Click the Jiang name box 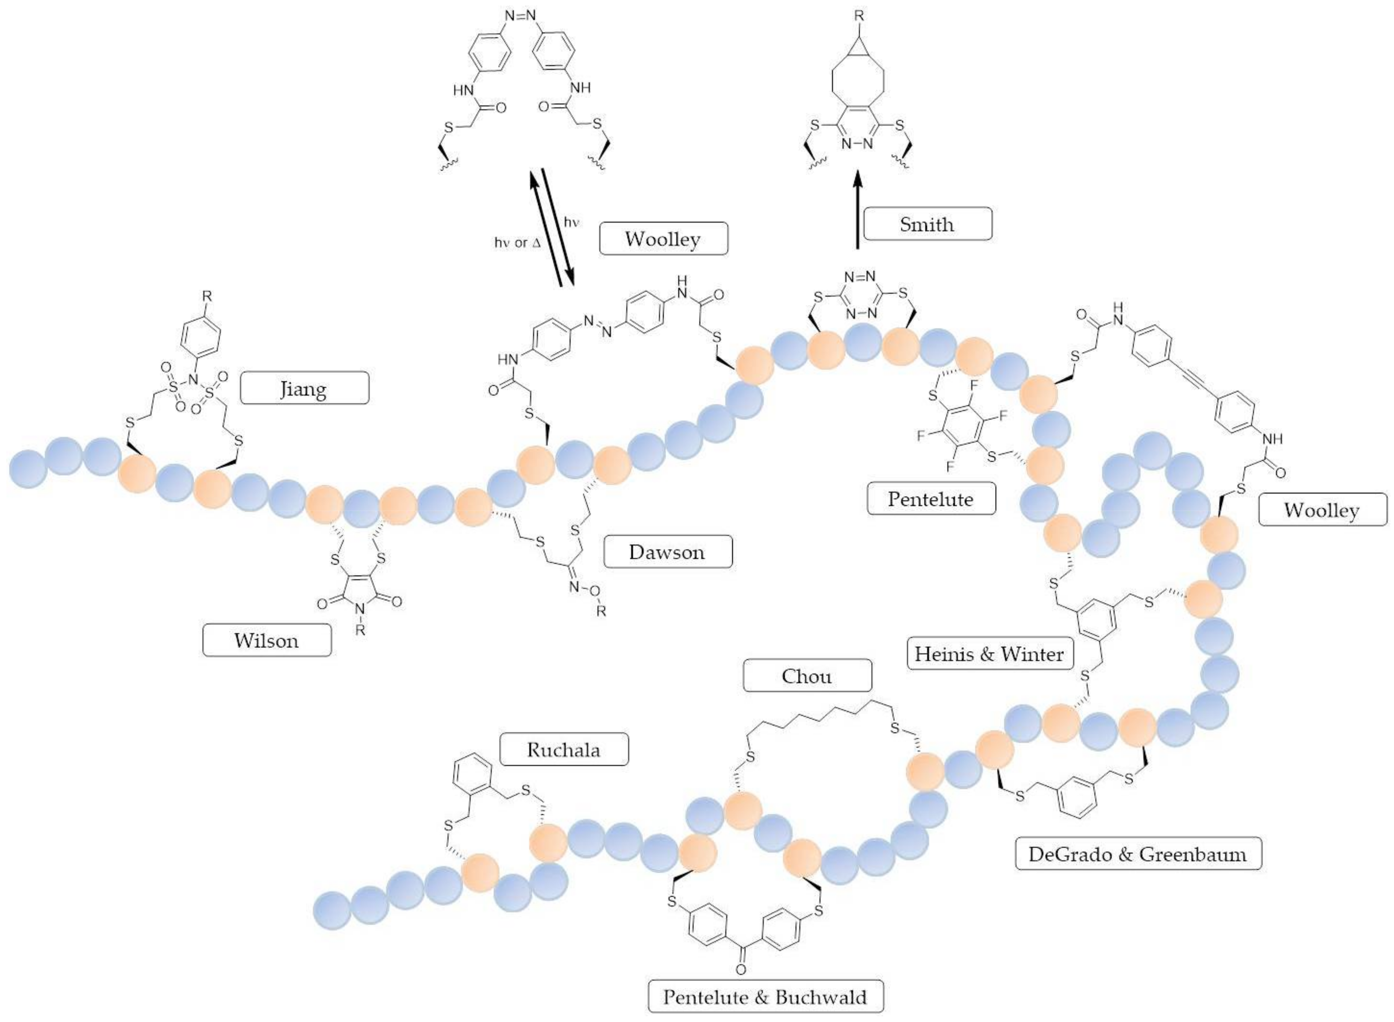point(304,388)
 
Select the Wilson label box point(267,640)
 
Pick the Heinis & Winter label point(989,653)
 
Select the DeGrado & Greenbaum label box point(1138,854)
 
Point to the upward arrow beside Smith point(857,210)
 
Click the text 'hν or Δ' point(517,243)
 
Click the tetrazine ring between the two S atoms point(861,294)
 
